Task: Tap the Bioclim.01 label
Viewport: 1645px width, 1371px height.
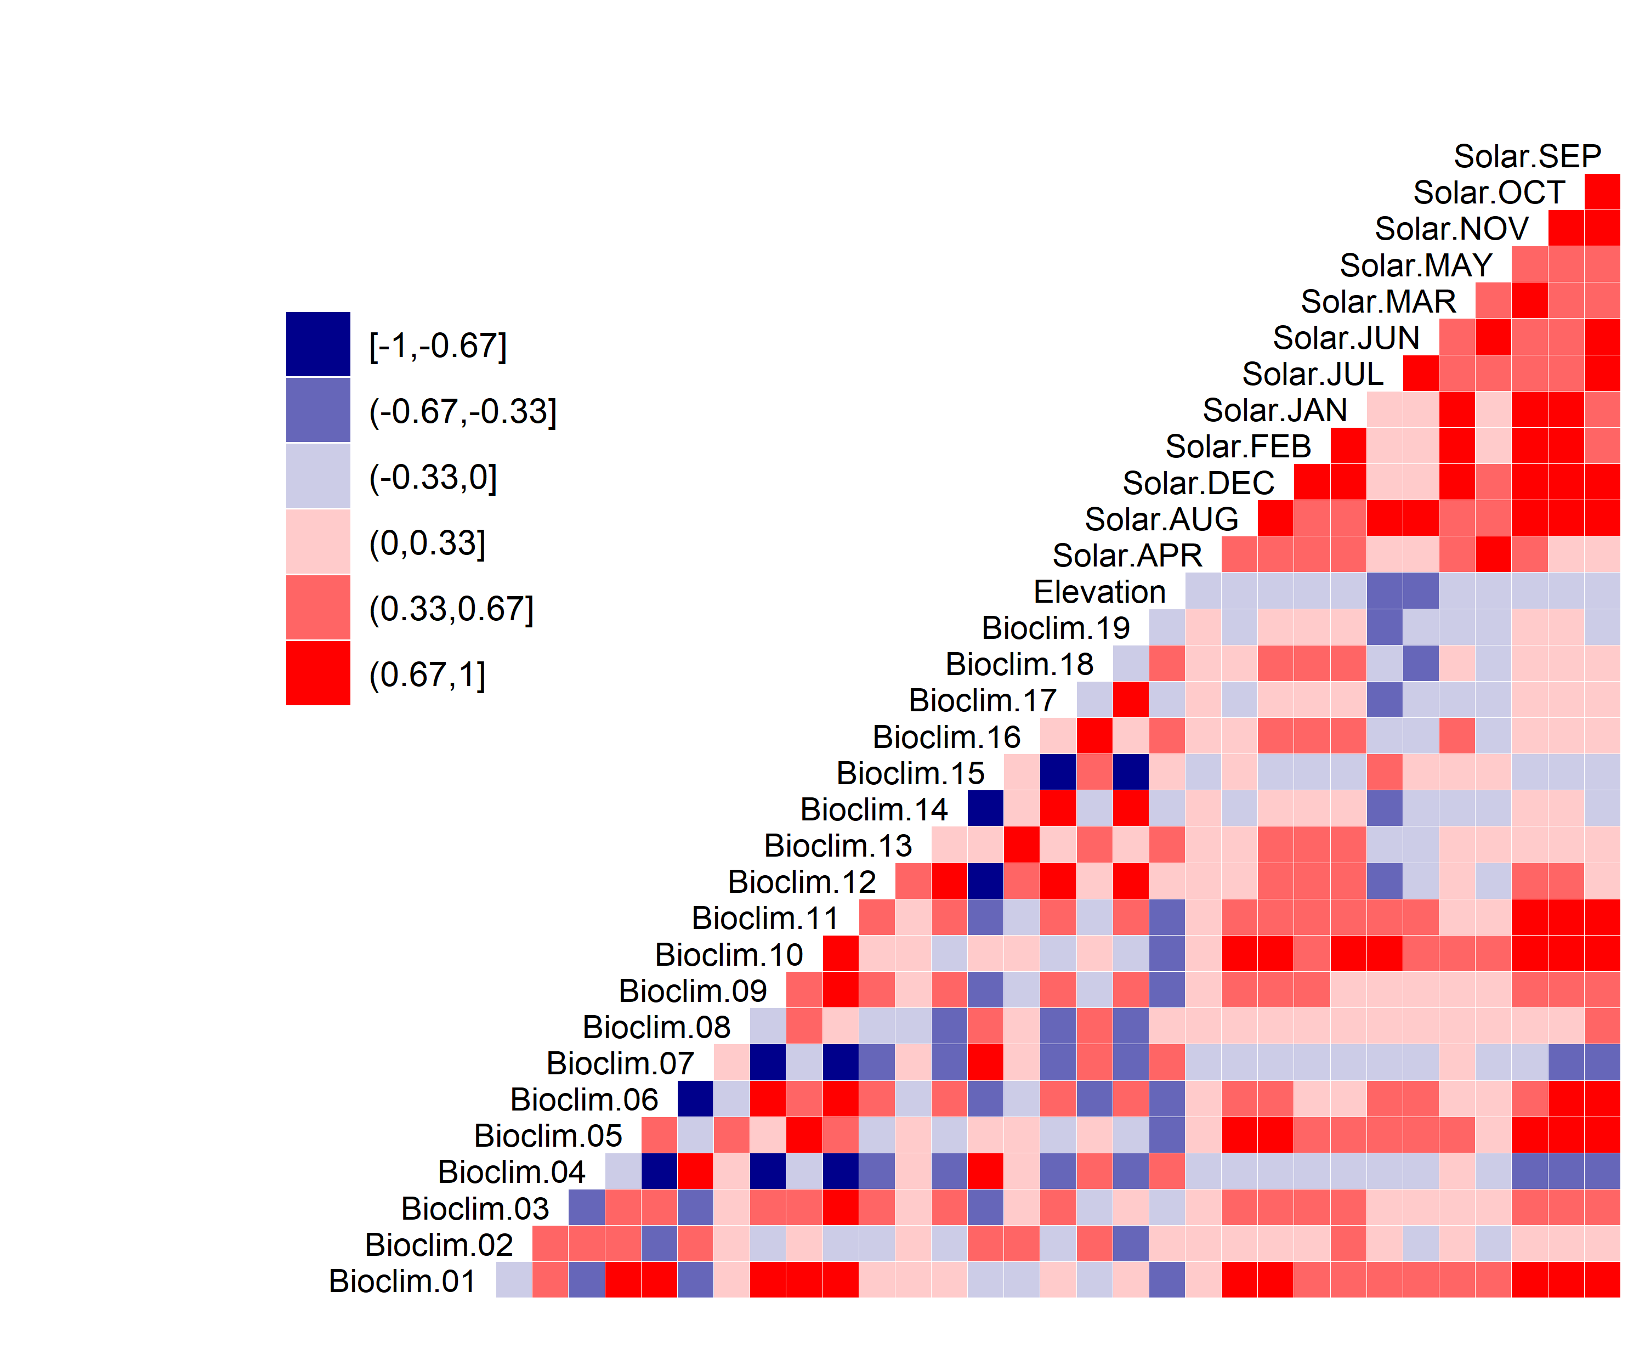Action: [x=402, y=1281]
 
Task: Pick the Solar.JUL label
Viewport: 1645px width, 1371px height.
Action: [x=1313, y=375]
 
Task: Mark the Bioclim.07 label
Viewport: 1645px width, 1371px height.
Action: [x=620, y=1064]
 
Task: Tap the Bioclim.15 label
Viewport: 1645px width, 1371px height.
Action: [x=910, y=773]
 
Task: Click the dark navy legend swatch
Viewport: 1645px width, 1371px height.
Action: [x=318, y=345]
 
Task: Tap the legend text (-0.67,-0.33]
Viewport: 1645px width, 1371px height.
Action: [x=463, y=411]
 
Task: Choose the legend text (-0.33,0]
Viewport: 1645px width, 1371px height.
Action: [x=433, y=477]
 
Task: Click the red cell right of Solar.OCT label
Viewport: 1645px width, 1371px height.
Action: [x=1602, y=192]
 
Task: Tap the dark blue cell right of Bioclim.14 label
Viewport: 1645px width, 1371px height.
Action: [x=985, y=808]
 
